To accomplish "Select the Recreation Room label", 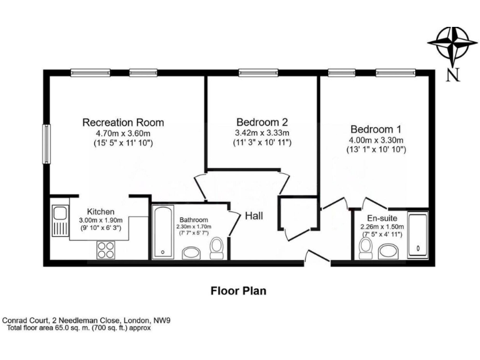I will pos(123,122).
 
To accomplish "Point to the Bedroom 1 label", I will pos(375,128).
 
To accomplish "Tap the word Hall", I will pos(253,216).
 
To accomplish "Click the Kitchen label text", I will pos(100,211).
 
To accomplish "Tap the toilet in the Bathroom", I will pos(217,248).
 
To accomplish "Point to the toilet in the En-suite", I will pos(366,248).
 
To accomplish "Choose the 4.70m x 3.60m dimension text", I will pos(123,133).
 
